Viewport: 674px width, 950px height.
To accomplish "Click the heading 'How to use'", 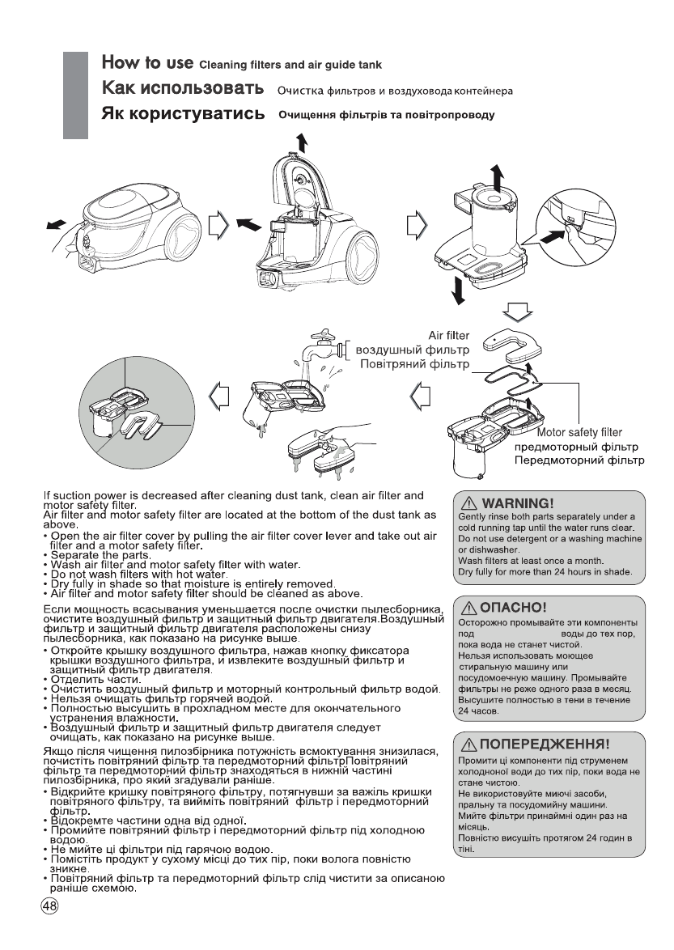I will [146, 62].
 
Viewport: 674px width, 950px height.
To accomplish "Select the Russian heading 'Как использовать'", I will [183, 87].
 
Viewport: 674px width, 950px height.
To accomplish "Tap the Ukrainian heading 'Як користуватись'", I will [183, 114].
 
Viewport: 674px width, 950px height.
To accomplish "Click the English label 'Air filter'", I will [447, 336].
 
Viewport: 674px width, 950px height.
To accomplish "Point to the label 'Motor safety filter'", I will [579, 431].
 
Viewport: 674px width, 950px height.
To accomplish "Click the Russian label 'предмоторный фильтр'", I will [577, 446].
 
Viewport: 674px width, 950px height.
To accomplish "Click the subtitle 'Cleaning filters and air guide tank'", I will [290, 64].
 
